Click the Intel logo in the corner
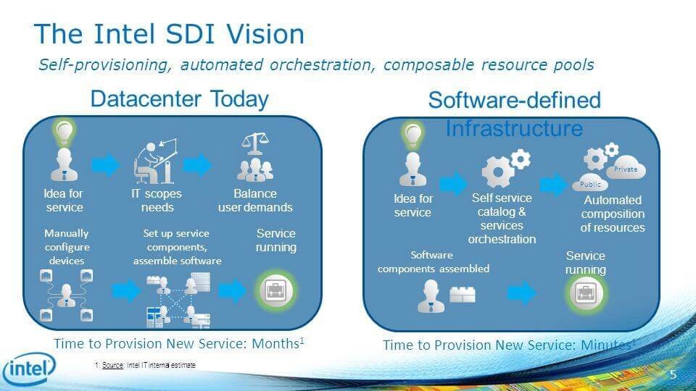pos(29,370)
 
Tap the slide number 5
pos(673,374)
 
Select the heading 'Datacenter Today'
pos(179,99)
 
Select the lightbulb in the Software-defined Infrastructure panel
pos(413,134)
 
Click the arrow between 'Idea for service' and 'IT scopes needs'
pos(105,166)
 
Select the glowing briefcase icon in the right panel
pos(584,293)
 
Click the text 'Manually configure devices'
pos(67,247)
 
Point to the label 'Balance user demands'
pos(255,201)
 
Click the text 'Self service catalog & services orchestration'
pos(502,218)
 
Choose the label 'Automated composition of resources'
pos(613,214)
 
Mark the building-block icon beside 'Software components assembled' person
pos(462,295)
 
